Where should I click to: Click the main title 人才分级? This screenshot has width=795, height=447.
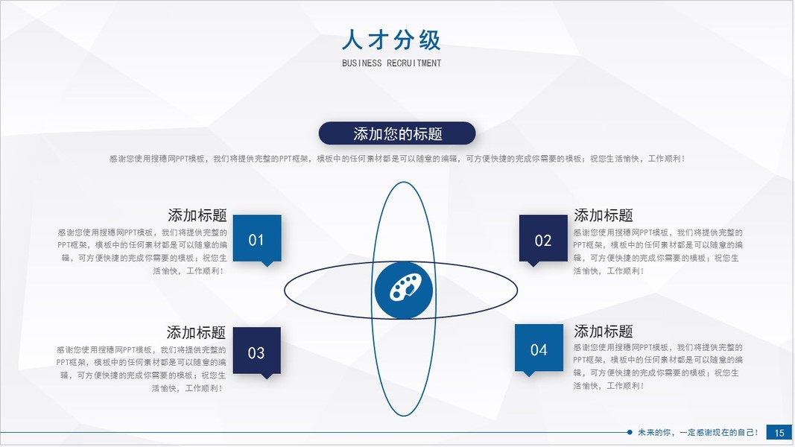tap(391, 40)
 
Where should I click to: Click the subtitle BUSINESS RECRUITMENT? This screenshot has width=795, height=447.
tap(391, 63)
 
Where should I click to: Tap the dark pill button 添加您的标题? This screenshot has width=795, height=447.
tap(397, 133)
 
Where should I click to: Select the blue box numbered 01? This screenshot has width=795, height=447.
tap(257, 238)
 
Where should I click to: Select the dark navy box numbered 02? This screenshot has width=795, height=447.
tap(543, 238)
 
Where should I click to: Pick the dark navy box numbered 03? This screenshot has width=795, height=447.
tap(256, 351)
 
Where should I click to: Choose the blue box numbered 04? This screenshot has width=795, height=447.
tap(539, 348)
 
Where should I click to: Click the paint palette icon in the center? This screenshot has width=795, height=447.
tap(404, 290)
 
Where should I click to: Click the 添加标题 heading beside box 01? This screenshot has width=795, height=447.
tap(197, 215)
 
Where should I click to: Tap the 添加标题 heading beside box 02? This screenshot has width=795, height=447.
tap(604, 215)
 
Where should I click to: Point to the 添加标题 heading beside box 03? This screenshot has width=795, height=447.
tap(196, 332)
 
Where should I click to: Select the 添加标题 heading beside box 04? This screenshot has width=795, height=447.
tap(604, 332)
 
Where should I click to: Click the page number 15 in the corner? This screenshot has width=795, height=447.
tap(779, 433)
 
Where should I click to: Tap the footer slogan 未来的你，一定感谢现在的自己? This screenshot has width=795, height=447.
tap(698, 432)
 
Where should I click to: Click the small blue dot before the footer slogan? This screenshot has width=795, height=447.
tap(630, 432)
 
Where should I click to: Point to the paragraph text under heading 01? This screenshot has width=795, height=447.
tap(142, 252)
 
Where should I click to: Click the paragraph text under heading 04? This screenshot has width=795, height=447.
tap(658, 367)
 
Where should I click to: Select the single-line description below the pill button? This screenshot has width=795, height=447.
tap(397, 159)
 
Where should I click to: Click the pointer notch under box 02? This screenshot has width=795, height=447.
tap(533, 264)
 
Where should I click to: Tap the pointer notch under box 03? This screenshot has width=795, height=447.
tap(267, 376)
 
